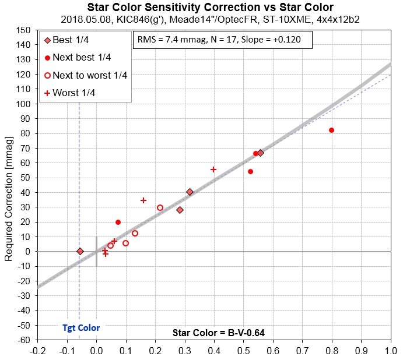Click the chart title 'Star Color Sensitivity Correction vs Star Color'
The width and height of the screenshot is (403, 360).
pyautogui.click(x=210, y=8)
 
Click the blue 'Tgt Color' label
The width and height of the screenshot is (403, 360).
pyautogui.click(x=81, y=328)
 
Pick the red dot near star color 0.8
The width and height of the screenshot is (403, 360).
pyautogui.click(x=331, y=130)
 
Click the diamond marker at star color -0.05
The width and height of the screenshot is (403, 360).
pyautogui.click(x=80, y=251)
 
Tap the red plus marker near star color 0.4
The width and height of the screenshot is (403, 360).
pyautogui.click(x=213, y=170)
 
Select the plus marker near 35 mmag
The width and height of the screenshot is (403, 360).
pyautogui.click(x=143, y=200)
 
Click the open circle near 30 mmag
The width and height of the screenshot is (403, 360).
pyautogui.click(x=160, y=207)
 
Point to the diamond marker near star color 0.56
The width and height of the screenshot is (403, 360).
pyautogui.click(x=260, y=153)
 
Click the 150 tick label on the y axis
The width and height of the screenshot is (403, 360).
pyautogui.click(x=23, y=30)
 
